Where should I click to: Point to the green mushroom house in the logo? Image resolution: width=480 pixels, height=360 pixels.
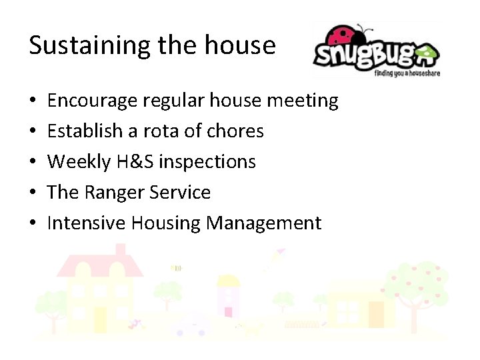click(x=425, y=52)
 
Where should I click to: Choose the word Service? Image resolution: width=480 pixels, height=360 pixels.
click(x=180, y=193)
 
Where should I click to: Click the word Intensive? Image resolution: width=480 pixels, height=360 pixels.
click(x=86, y=223)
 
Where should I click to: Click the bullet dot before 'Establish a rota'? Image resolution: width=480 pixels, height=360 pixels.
click(x=33, y=132)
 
